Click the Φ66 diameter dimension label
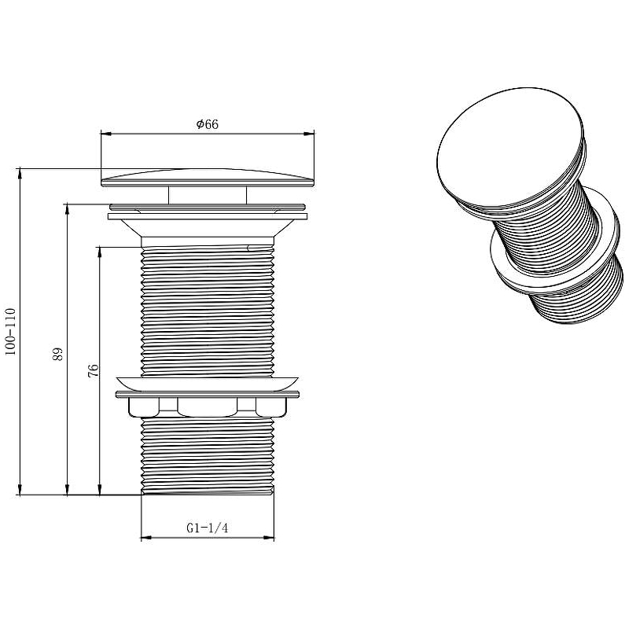click(208, 124)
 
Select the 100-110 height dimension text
click(10, 331)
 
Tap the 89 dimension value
click(58, 354)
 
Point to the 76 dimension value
click(93, 370)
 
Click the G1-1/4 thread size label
click(207, 528)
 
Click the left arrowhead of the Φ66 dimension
click(106, 134)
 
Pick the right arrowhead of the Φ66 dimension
click(309, 134)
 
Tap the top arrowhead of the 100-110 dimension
click(19, 174)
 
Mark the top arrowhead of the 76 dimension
click(100, 252)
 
